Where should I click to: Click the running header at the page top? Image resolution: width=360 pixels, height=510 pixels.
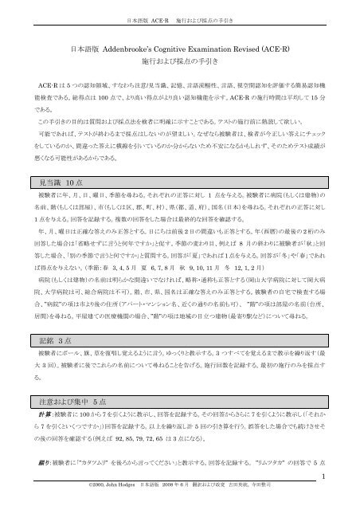click(x=180, y=15)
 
